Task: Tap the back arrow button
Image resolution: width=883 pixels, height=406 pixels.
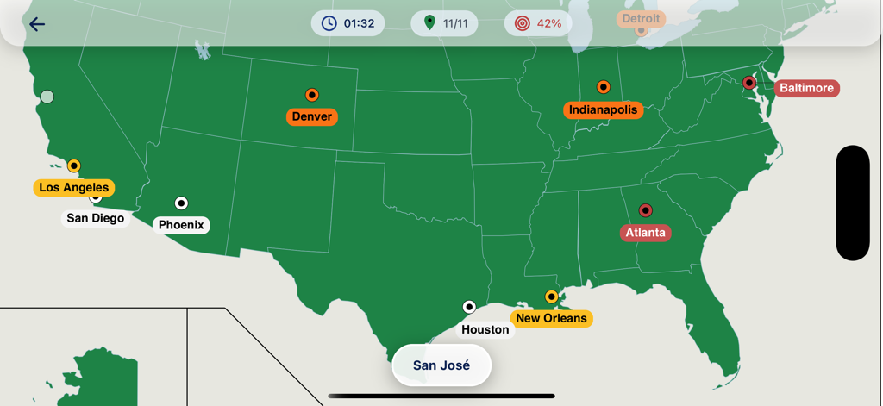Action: tap(36, 24)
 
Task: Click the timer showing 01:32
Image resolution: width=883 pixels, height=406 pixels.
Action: tap(348, 23)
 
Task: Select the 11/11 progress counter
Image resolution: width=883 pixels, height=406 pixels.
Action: tap(445, 23)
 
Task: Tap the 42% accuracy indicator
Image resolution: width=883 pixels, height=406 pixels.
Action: tap(538, 23)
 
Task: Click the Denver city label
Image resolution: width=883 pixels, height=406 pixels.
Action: tap(312, 116)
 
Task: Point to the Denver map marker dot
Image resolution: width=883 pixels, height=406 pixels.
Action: tap(312, 95)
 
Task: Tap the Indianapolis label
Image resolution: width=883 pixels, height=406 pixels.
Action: tap(604, 109)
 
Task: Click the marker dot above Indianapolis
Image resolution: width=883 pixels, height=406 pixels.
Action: tap(604, 87)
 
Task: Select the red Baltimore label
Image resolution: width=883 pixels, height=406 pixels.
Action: tap(806, 88)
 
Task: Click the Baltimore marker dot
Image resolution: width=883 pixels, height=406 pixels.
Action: tap(749, 83)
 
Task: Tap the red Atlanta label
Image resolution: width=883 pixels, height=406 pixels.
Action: tap(646, 233)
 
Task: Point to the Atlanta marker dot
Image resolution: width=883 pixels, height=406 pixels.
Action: tap(645, 210)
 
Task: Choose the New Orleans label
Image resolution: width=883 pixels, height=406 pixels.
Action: tap(552, 318)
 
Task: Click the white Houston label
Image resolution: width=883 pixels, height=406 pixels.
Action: tap(485, 329)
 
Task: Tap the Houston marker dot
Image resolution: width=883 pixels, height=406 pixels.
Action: tap(469, 307)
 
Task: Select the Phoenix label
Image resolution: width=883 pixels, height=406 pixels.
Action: tap(181, 225)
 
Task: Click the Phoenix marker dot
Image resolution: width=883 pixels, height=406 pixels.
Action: tap(181, 203)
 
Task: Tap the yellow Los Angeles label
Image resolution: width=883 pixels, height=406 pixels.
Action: tap(74, 187)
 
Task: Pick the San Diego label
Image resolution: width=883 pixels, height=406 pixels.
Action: tap(96, 218)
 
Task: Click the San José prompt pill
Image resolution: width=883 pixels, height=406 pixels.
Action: tap(441, 365)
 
